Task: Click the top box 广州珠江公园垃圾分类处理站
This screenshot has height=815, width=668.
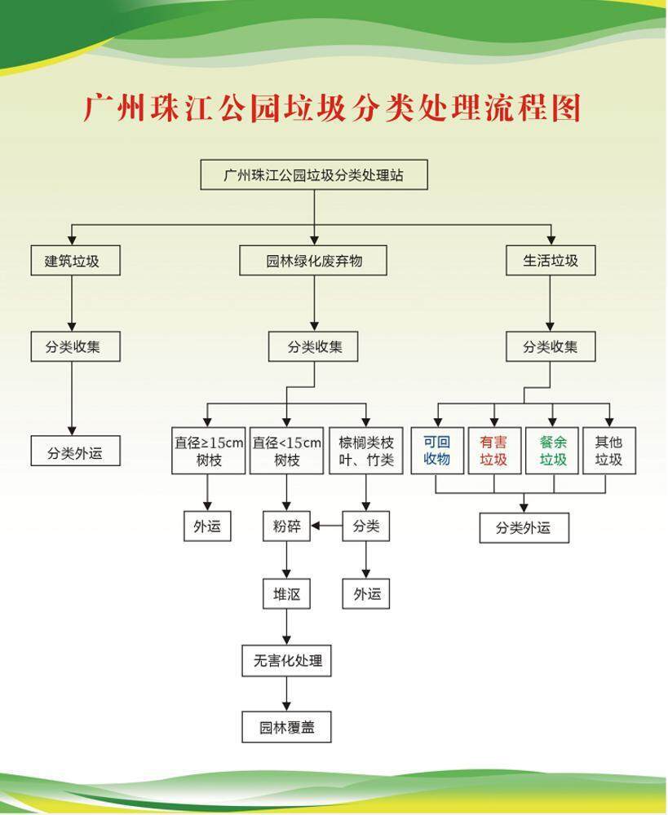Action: (314, 174)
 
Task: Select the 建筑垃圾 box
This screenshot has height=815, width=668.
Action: (75, 261)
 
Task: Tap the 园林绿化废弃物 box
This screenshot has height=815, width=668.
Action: (312, 261)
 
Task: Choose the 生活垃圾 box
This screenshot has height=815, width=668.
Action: (551, 261)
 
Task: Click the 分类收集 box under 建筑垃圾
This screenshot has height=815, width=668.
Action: (75, 346)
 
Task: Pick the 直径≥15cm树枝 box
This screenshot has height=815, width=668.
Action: (209, 451)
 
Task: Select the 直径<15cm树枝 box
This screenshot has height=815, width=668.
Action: (286, 451)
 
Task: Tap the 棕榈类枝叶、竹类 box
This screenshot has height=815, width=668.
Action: (366, 451)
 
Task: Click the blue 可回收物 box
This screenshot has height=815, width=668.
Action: (437, 451)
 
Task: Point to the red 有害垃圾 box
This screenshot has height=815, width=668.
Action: (494, 451)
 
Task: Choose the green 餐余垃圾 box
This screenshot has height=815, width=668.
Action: (552, 451)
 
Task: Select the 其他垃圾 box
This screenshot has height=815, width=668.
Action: (609, 451)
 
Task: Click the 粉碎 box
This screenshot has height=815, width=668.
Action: (286, 526)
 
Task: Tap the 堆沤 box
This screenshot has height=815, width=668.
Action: (286, 593)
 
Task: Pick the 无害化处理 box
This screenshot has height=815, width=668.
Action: (286, 661)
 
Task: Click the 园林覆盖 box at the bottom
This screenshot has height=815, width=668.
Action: (286, 727)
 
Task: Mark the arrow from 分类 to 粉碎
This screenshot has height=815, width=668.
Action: (327, 526)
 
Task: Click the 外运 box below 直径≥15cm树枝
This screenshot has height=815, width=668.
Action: (207, 526)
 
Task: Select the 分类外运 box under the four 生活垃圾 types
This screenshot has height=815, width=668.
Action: (524, 528)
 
